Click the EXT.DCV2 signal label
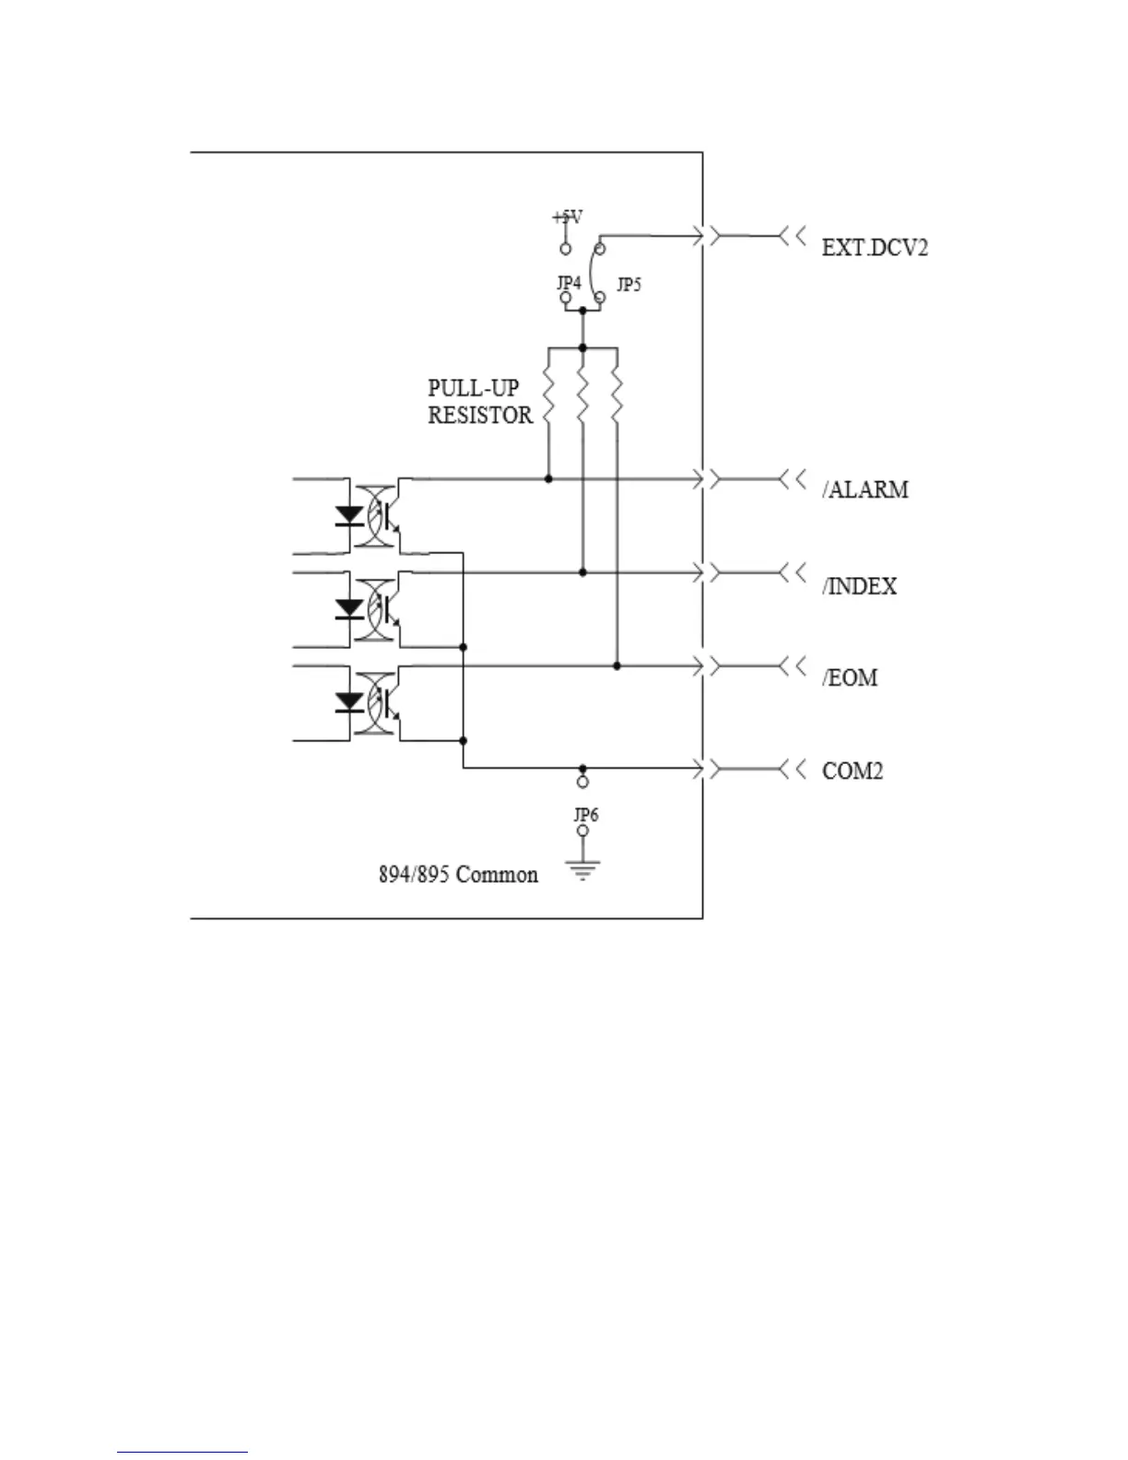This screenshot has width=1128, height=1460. pos(875,247)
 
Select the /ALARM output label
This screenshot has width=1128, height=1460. pos(865,489)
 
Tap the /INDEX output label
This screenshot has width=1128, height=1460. pos(859,586)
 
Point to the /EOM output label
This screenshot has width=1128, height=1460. pos(850,678)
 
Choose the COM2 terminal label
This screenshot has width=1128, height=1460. pos(852,771)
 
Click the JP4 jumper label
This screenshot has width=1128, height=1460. pos(569,283)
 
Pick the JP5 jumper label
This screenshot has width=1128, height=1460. pos(629,285)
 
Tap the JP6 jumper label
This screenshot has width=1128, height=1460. pos(586,815)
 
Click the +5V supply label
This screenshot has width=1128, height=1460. pos(567,218)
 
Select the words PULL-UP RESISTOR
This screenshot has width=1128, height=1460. pos(480,402)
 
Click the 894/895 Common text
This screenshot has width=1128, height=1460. pos(458,874)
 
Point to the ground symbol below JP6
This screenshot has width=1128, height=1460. pos(582,869)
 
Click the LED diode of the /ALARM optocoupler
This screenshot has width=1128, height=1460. pos(349,515)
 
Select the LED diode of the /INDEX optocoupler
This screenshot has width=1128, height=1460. pos(349,608)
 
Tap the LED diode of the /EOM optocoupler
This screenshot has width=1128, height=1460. pos(349,701)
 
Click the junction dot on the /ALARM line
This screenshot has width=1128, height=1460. pos(548,479)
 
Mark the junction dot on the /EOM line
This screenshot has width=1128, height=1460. pos(617,665)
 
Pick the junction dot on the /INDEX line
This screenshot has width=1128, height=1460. pos(582,572)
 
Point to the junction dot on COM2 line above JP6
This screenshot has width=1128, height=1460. pos(582,768)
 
